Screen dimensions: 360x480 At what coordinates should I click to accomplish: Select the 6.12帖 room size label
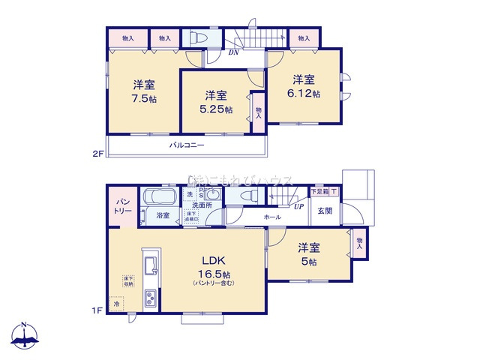pos(306,94)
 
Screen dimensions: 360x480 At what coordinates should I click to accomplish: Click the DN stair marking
pos(234,52)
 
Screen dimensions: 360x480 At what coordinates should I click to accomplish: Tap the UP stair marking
pos(298,206)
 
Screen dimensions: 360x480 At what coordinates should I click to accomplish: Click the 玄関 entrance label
pos(324,211)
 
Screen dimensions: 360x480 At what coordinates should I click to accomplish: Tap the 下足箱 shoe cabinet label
pos(320,192)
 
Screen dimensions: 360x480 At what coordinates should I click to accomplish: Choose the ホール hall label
pos(271,217)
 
